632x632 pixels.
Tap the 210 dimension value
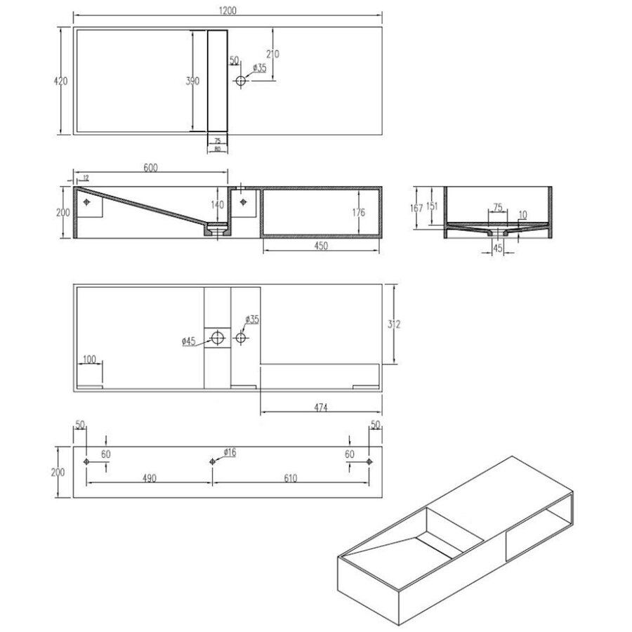[273, 54]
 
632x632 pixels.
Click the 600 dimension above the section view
[150, 167]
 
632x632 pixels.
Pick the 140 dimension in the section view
[217, 205]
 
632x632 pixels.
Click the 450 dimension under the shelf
[321, 246]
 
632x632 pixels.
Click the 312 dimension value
[394, 324]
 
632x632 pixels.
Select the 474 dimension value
[321, 407]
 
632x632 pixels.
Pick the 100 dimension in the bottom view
[89, 360]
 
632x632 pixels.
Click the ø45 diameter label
[188, 342]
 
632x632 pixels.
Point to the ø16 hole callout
[229, 452]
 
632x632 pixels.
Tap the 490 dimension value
[149, 478]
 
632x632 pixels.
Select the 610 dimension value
[291, 478]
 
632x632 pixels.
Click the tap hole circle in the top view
[241, 81]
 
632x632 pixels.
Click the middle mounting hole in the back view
[213, 461]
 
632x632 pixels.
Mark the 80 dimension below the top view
[217, 149]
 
